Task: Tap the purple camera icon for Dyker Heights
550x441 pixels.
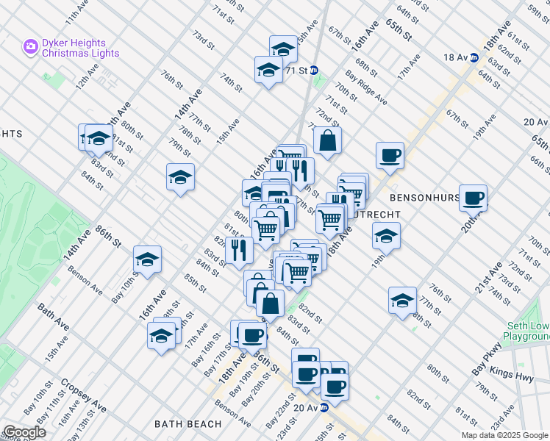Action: [30, 47]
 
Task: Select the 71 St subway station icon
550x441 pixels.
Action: [314, 71]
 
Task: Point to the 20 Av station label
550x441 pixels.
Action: [304, 407]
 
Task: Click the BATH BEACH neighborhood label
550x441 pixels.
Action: [188, 424]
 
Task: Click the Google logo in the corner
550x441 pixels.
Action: [24, 432]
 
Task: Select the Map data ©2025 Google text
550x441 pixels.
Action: [504, 435]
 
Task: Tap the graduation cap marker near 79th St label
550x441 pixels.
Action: [180, 177]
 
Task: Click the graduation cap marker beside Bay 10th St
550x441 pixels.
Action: [147, 259]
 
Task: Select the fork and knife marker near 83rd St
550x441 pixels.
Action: [239, 250]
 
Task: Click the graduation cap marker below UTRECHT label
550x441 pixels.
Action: [385, 235]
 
